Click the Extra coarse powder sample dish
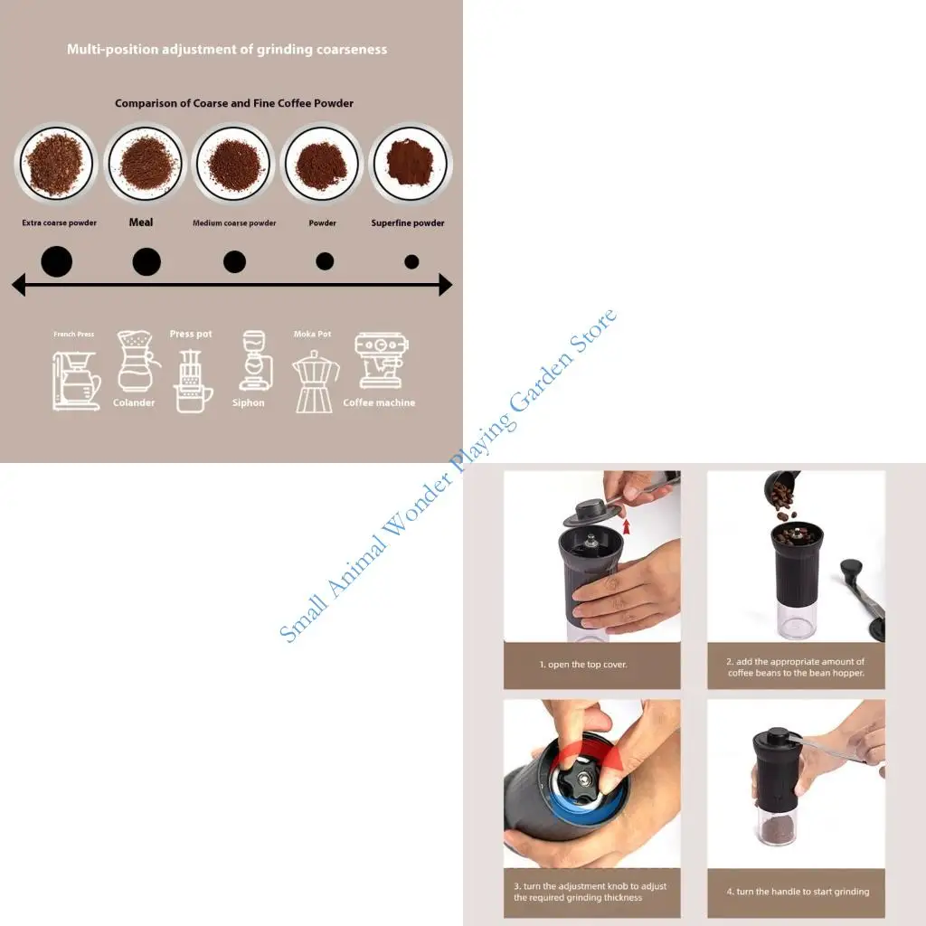55,165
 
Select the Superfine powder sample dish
411,165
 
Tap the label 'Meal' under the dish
141,222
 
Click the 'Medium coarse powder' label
234,223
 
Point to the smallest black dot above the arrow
411,262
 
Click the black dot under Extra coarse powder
57,262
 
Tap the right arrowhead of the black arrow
444,286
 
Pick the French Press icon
76,380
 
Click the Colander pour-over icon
137,361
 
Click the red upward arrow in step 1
626,525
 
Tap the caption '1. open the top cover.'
583,665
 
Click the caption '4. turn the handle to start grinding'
797,892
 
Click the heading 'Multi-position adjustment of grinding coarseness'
227,50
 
